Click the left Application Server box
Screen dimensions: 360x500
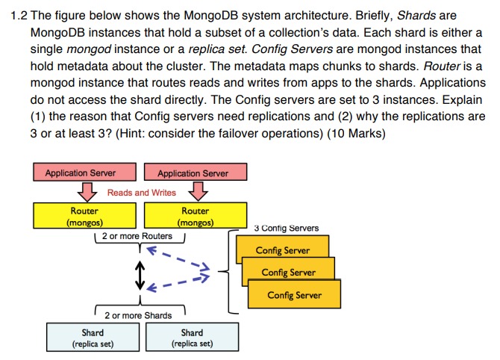[81, 173]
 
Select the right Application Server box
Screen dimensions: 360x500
[193, 173]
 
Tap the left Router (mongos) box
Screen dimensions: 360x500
[84, 217]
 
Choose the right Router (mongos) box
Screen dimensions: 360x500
[195, 217]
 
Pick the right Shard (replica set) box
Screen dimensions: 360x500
[192, 337]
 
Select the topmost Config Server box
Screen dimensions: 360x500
[282, 249]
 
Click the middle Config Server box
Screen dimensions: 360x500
[288, 272]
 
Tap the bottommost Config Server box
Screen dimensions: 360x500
[294, 294]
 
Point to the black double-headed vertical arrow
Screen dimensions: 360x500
[138, 276]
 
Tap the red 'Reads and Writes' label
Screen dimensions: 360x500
[142, 193]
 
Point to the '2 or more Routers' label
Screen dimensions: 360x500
[137, 236]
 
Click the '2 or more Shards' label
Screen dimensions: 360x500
[137, 315]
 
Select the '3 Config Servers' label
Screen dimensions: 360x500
[286, 228]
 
